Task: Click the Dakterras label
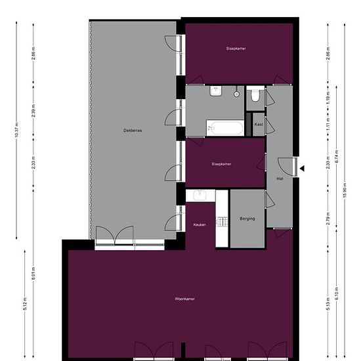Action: point(133,130)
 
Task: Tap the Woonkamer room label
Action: point(185,299)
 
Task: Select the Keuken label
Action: point(200,224)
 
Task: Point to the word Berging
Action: point(247,219)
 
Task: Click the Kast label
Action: point(259,124)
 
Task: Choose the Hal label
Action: point(280,178)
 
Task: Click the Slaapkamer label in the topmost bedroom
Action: point(236,49)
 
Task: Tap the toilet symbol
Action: point(256,98)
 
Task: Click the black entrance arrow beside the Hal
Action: point(302,169)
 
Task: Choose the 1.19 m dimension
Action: point(328,98)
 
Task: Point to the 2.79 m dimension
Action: point(328,218)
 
